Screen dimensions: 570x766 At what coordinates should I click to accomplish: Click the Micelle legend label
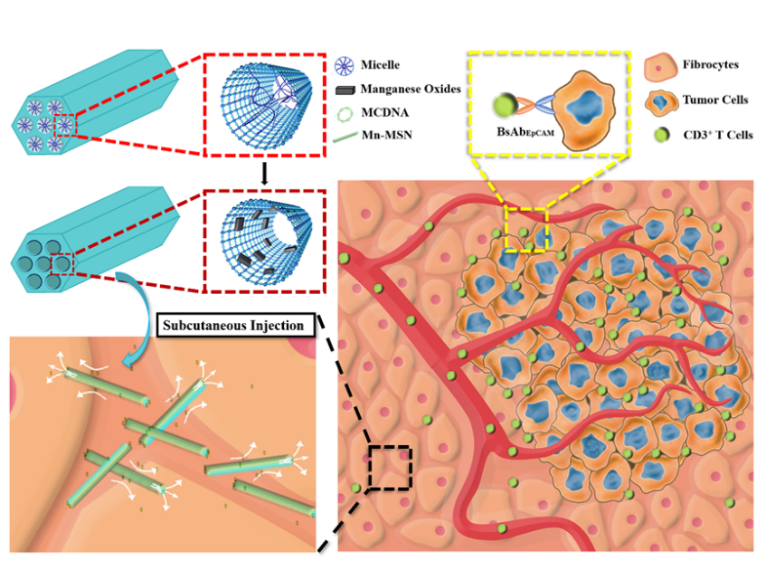pos(380,65)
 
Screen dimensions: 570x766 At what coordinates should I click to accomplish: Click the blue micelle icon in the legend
pos(342,65)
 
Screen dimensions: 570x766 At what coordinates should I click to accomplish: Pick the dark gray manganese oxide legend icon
pos(342,90)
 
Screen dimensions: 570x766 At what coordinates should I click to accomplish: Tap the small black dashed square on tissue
pos(390,469)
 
